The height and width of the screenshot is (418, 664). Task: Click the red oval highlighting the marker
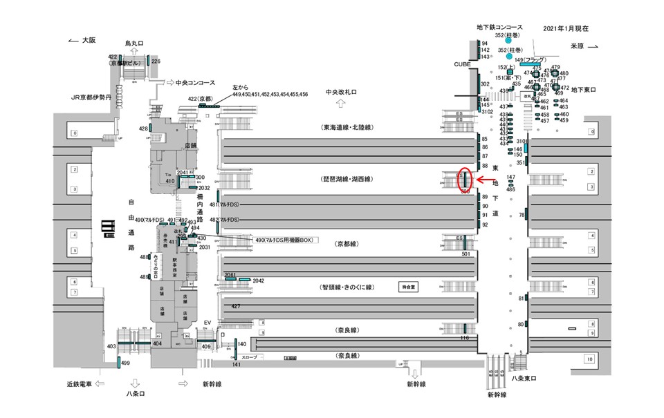pyautogui.click(x=465, y=180)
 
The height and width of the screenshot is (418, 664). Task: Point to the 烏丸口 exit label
pyautogui.click(x=134, y=43)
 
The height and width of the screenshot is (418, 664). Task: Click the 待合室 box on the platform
pyautogui.click(x=410, y=285)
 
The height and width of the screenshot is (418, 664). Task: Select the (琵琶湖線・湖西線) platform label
pyautogui.click(x=347, y=178)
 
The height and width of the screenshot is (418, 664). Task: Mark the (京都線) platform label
pyautogui.click(x=346, y=244)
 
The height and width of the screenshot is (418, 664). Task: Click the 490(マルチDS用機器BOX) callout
pyautogui.click(x=285, y=240)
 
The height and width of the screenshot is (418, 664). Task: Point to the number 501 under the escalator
pyautogui.click(x=465, y=254)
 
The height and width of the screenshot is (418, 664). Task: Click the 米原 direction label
pyautogui.click(x=578, y=46)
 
